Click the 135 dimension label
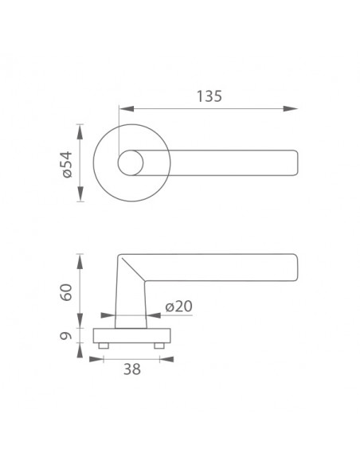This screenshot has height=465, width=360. coord(209,96)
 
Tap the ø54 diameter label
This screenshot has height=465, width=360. coord(68,164)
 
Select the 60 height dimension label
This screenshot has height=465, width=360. coord(66,292)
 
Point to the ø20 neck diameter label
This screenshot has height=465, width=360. coord(179,306)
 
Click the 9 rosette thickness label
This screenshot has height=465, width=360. coord(66,336)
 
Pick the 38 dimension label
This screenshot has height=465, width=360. coord(132,369)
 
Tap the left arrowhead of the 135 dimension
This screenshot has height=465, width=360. coord(127,109)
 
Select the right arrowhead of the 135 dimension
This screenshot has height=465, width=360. coord(290,109)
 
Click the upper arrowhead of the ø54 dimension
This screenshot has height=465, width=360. coord(80,132)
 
